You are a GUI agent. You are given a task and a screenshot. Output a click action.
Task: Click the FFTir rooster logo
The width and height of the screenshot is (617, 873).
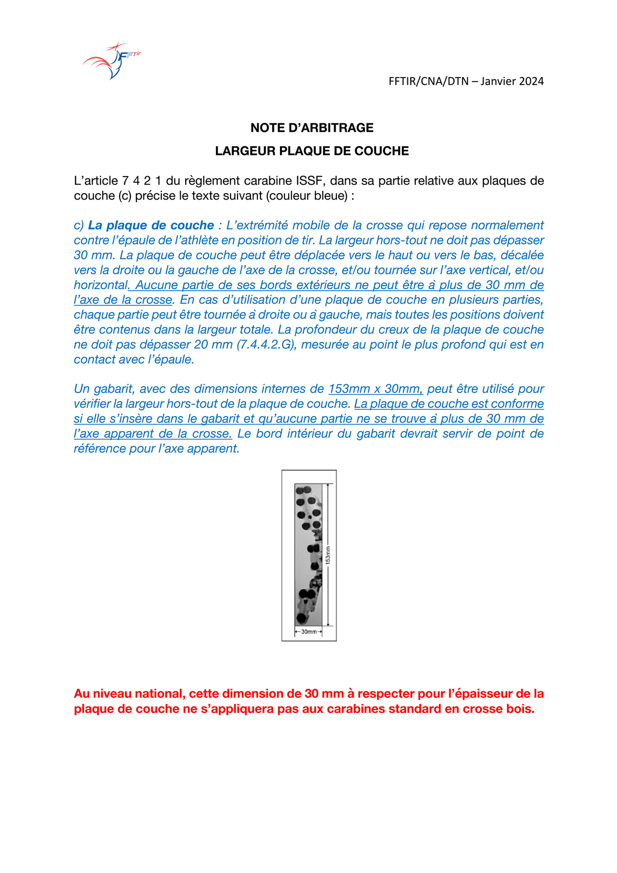tap(112, 61)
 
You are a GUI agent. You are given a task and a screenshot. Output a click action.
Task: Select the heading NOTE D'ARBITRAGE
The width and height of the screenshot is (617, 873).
tap(312, 128)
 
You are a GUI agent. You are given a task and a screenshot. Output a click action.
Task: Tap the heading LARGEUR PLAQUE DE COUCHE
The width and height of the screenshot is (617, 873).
tap(312, 151)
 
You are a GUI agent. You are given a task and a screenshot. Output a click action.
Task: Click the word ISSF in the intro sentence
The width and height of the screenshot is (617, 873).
tap(311, 181)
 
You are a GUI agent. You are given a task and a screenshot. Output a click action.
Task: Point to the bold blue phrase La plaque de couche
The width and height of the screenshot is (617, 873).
tap(151, 225)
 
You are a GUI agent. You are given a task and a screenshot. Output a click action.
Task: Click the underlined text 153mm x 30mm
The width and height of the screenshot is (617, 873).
tap(375, 389)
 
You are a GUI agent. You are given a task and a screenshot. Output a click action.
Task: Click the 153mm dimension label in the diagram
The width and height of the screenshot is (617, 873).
tap(328, 555)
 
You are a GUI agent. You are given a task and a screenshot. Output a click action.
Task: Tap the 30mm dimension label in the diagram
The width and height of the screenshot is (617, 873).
tap(309, 632)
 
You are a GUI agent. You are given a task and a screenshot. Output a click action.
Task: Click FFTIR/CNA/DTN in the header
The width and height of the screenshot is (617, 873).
tap(428, 81)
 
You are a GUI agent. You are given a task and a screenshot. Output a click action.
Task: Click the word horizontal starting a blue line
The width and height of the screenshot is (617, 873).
tap(101, 285)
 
